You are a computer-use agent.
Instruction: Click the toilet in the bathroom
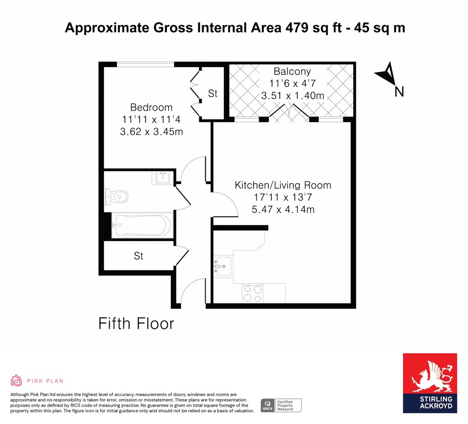116,196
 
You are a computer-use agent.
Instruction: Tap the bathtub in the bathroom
142,225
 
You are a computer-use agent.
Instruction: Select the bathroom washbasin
162,178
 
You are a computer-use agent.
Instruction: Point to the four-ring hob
253,293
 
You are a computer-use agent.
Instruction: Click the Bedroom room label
151,107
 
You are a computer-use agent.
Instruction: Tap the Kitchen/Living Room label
283,185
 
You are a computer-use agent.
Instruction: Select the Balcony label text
292,71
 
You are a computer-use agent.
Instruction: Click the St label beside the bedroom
213,93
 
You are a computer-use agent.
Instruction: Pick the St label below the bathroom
138,256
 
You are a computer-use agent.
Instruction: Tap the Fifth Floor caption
136,323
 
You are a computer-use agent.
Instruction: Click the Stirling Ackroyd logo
430,383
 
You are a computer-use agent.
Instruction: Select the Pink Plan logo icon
16,381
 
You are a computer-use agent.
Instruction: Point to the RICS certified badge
281,406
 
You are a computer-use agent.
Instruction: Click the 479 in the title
297,28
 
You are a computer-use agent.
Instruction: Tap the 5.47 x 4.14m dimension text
283,209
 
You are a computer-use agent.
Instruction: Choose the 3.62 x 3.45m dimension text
151,131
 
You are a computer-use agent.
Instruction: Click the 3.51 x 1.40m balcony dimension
292,95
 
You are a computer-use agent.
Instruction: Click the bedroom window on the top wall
145,64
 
